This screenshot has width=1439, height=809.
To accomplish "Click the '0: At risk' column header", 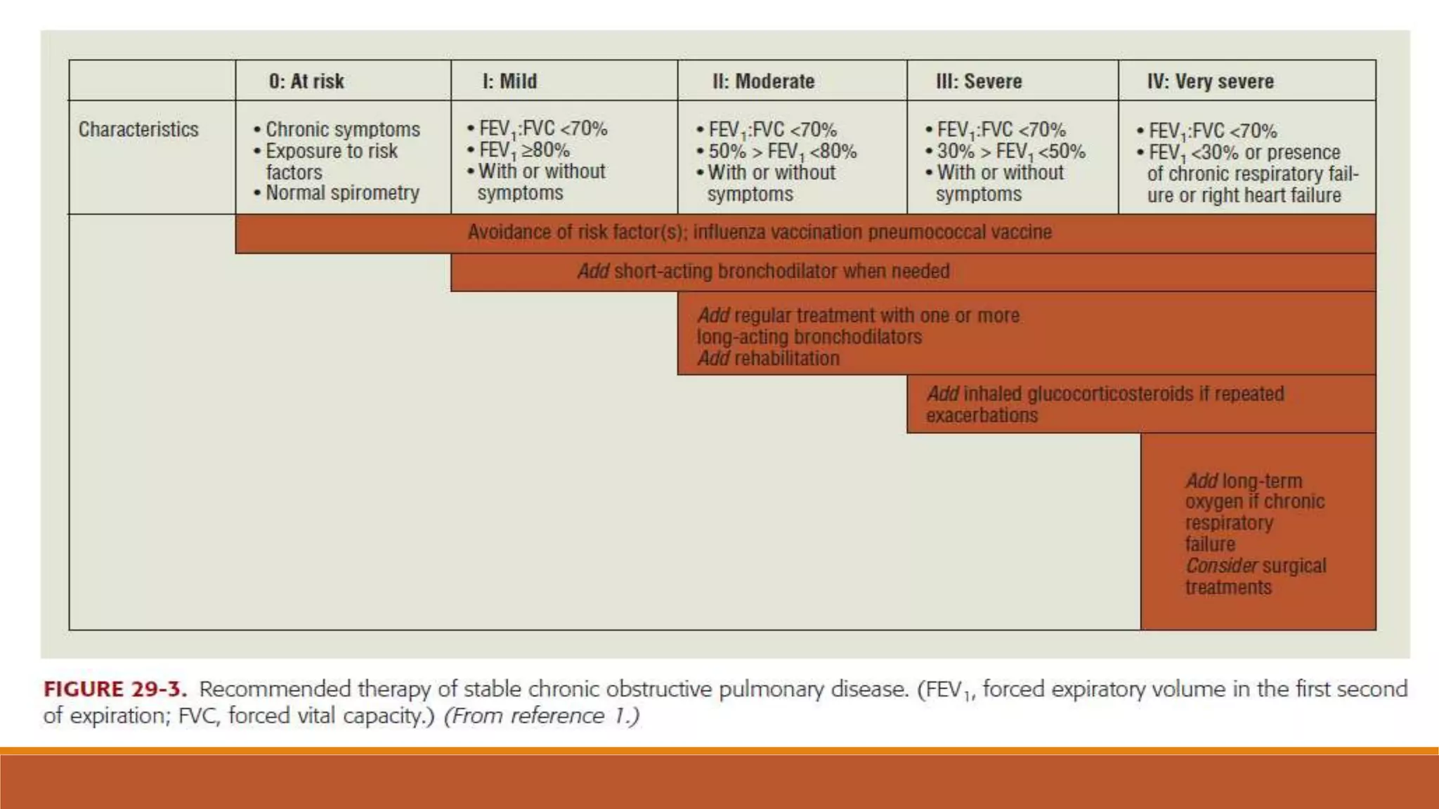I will [306, 81].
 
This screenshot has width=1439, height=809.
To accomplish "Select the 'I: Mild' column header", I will [509, 81].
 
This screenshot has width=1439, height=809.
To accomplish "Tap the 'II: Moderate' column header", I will [763, 81].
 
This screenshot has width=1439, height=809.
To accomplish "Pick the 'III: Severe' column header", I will [979, 81].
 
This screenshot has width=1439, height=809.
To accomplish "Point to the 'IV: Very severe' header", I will [1210, 81].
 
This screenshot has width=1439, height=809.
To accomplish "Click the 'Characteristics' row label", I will [138, 130].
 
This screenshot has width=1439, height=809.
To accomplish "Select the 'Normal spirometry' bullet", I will [341, 193].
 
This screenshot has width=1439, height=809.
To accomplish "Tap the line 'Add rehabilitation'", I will [768, 359].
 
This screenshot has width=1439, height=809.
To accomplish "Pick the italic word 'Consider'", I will [1220, 566].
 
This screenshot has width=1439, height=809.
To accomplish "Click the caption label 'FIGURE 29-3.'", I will [115, 690].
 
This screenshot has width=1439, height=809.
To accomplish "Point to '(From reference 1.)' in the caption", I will [542, 716].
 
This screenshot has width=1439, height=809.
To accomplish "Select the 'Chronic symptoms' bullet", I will [341, 130].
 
